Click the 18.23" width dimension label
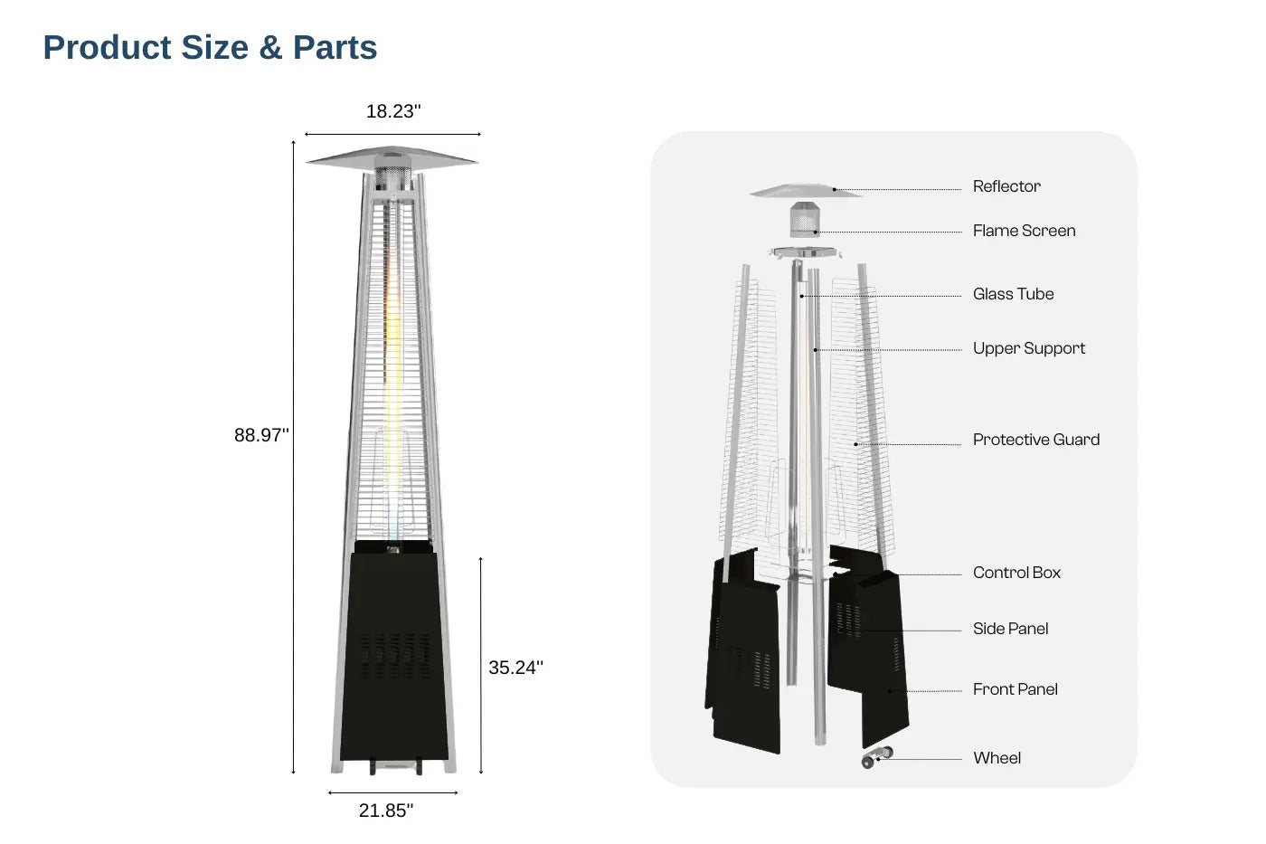pos(393,111)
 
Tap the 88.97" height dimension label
pos(261,435)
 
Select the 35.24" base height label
pos(515,667)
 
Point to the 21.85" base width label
pos(386,811)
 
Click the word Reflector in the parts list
pos(1006,186)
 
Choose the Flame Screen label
pos(1024,231)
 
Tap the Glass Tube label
pos(1014,294)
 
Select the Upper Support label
pos(1029,348)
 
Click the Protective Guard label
pos(1036,440)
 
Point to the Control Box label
pos(1016,573)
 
